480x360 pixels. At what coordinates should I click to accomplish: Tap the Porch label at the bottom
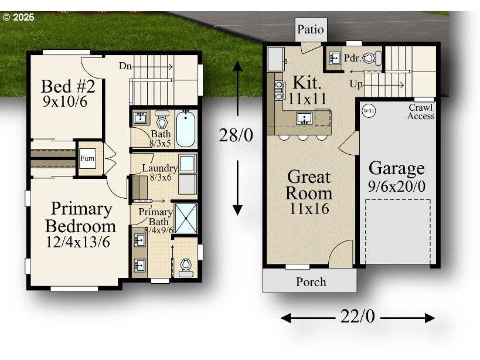(311, 282)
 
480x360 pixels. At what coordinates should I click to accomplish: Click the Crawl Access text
(421, 111)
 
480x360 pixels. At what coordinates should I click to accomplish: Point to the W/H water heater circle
(368, 110)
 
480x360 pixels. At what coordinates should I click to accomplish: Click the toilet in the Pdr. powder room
(372, 58)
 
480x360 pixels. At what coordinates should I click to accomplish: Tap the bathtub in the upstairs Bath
(186, 128)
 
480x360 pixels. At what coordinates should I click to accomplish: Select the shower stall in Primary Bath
(186, 218)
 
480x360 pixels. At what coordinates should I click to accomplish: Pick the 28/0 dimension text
(236, 136)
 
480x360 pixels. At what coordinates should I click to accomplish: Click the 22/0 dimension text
(357, 317)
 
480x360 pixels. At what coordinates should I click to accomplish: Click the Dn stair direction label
(125, 66)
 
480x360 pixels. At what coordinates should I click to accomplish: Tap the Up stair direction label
(356, 84)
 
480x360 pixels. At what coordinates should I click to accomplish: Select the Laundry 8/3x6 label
(159, 173)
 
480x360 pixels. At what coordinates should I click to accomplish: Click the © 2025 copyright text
(18, 17)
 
